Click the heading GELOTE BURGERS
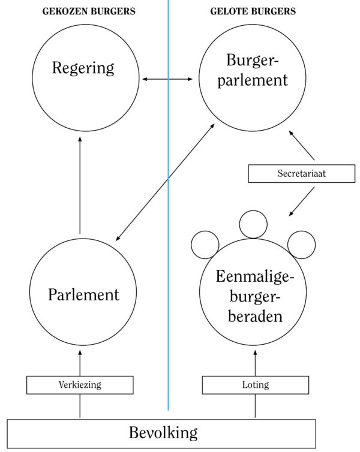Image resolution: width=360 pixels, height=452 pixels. pyautogui.click(x=253, y=11)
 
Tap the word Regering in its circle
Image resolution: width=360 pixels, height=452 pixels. pyautogui.click(x=83, y=68)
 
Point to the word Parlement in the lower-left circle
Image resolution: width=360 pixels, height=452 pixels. pyautogui.click(x=83, y=294)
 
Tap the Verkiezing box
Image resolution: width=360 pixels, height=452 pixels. pyautogui.click(x=80, y=385)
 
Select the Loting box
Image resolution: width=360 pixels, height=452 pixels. pyautogui.click(x=256, y=385)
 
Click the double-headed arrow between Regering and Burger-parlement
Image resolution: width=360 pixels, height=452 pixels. pyautogui.click(x=169, y=79)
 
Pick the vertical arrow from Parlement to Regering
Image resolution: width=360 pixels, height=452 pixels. pyautogui.click(x=80, y=186)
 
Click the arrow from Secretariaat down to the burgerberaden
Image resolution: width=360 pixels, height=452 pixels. pyautogui.click(x=303, y=201)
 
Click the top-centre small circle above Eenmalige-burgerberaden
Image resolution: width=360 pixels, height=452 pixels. pyautogui.click(x=253, y=224)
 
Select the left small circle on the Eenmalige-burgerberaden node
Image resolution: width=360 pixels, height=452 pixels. pyautogui.click(x=205, y=244)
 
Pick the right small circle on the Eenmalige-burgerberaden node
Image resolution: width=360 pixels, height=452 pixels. pyautogui.click(x=301, y=244)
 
